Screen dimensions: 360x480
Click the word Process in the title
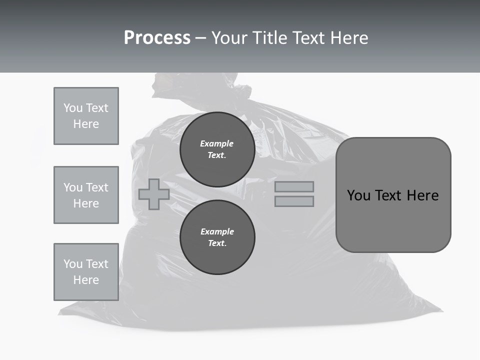pyautogui.click(x=157, y=38)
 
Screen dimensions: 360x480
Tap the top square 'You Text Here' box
pyautogui.click(x=86, y=116)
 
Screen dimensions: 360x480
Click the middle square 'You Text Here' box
pyautogui.click(x=86, y=195)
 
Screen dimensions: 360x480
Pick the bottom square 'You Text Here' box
pyautogui.click(x=86, y=272)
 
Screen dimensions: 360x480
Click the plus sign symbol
pyautogui.click(x=153, y=194)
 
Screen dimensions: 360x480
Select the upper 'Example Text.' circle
pyautogui.click(x=217, y=149)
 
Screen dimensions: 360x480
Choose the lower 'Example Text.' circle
pyautogui.click(x=217, y=237)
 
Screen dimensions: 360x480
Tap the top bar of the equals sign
pyautogui.click(x=294, y=187)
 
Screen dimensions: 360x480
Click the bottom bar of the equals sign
pyautogui.click(x=294, y=201)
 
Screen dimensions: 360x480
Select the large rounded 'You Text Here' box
pyautogui.click(x=393, y=195)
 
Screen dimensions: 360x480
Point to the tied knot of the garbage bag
pyautogui.click(x=240, y=95)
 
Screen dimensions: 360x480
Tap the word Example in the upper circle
pyautogui.click(x=216, y=143)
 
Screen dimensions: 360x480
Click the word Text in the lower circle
pyautogui.click(x=217, y=243)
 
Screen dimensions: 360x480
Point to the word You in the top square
pyautogui.click(x=72, y=108)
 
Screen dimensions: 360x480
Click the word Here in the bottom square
pyautogui.click(x=86, y=280)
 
